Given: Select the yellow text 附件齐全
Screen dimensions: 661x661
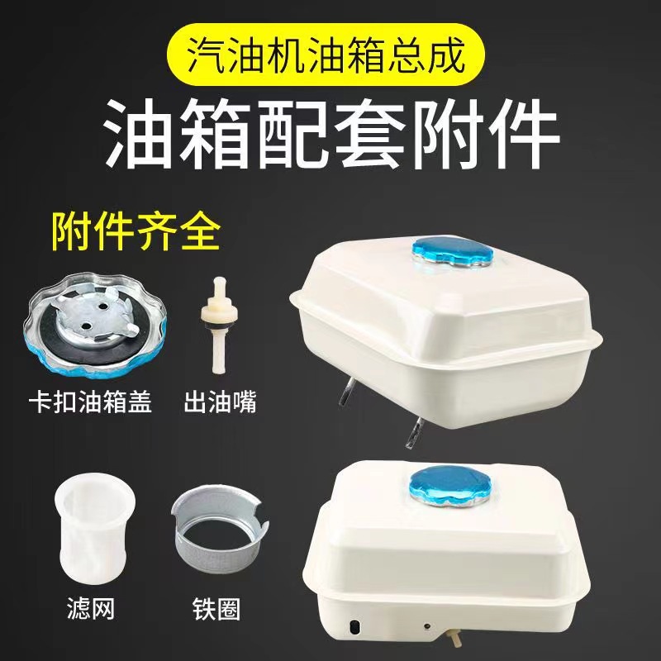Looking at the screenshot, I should [136, 233].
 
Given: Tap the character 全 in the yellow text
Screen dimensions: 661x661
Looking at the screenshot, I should [199, 233].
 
